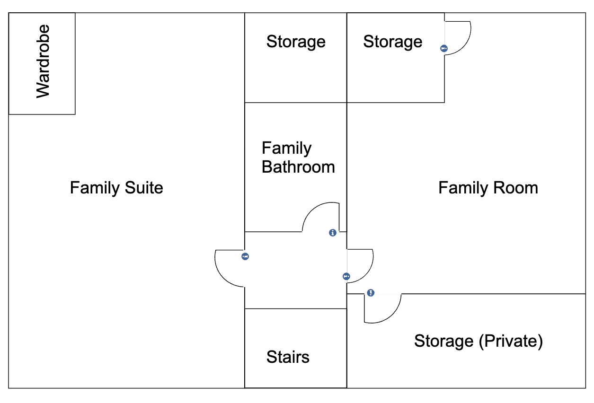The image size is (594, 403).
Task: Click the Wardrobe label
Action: [43, 61]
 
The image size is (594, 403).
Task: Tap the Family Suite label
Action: [116, 188]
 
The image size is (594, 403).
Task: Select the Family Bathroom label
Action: [298, 158]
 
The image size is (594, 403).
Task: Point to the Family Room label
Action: [488, 188]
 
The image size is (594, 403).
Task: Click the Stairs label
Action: [288, 357]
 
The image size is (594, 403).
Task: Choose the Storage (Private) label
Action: [479, 341]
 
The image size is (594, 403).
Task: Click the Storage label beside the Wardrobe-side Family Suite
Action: [296, 42]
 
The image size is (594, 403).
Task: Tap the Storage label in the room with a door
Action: [393, 42]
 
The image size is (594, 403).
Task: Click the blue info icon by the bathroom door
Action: [333, 233]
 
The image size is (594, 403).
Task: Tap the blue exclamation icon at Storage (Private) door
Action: [371, 293]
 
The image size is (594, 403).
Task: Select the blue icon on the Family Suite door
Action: [245, 256]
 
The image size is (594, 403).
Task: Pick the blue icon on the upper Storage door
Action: [444, 49]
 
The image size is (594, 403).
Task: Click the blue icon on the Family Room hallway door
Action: [346, 277]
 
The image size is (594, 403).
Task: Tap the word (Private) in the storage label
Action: [511, 341]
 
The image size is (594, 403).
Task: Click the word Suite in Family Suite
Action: [144, 188]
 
